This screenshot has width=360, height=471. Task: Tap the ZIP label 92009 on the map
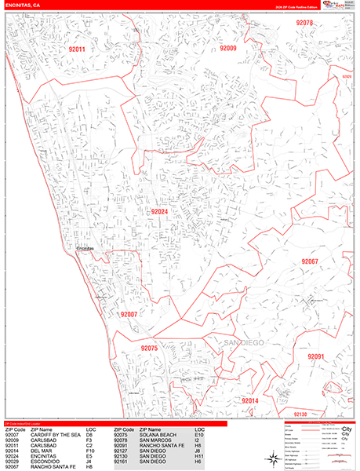coord(227,48)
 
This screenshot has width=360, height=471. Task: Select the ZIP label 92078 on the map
coord(304,24)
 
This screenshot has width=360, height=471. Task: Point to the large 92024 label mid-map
coord(159,212)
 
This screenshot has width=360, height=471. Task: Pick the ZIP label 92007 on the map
coord(129,314)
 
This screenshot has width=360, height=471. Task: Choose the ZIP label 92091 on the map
coord(315,356)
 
